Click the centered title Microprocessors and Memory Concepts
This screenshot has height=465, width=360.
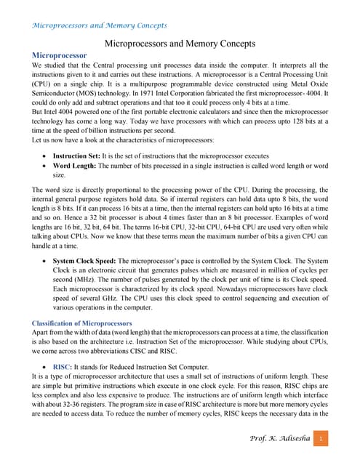pos(180,44)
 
